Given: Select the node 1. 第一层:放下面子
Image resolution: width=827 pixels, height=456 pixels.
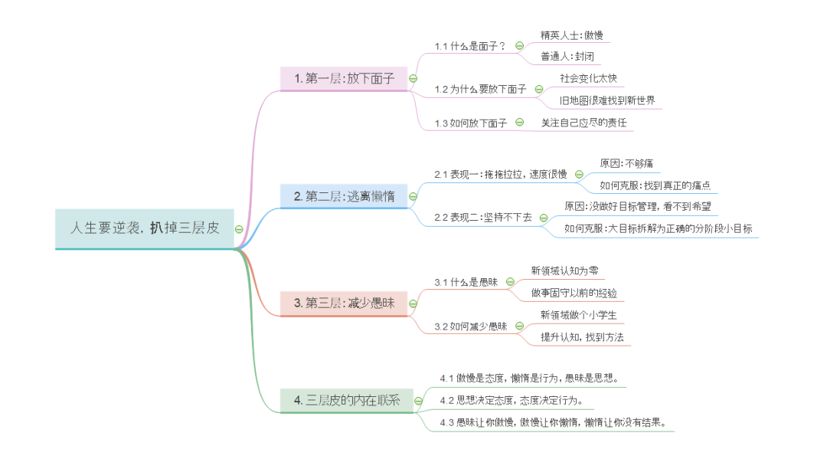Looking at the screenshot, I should pos(344,78).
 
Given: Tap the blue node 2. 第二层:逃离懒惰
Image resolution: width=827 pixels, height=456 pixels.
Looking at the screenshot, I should pos(344,196).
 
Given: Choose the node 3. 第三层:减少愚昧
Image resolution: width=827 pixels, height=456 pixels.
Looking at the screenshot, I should pos(344,303).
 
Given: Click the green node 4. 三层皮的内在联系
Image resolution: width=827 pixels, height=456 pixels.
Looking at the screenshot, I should pos(344,400).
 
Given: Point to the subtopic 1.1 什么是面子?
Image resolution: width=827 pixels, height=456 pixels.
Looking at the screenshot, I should pos(469,46).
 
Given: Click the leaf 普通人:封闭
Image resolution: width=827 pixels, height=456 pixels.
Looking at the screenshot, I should pos(567,57).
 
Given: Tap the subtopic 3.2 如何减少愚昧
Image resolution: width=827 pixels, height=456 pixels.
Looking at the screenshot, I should pos(470,326).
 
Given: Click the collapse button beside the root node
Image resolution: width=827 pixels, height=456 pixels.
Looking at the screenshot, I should pos(240,228).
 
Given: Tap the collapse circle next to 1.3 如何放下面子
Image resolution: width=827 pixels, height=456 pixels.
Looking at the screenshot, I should pos(520,122).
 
